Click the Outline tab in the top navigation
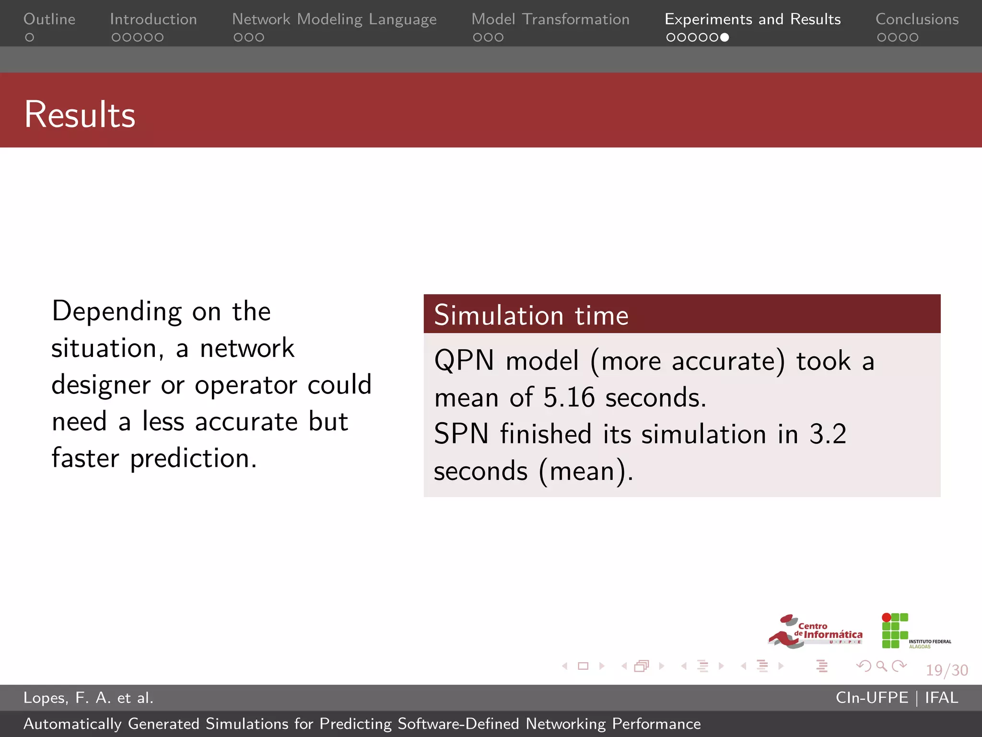pyautogui.click(x=49, y=19)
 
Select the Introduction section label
pyautogui.click(x=153, y=19)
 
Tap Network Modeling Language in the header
pyautogui.click(x=334, y=19)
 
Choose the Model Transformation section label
pyautogui.click(x=550, y=19)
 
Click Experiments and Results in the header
pyautogui.click(x=752, y=19)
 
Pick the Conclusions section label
pyautogui.click(x=917, y=19)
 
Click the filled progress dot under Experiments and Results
pyautogui.click(x=725, y=37)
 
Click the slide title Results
pyautogui.click(x=80, y=115)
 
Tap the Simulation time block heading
pyautogui.click(x=531, y=315)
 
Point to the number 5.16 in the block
pyautogui.click(x=569, y=398)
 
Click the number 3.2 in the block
pyautogui.click(x=828, y=434)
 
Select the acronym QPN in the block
pyautogui.click(x=464, y=361)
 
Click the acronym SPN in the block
pyautogui.click(x=461, y=434)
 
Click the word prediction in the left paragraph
pyautogui.click(x=193, y=459)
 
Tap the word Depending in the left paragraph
pyautogui.click(x=117, y=311)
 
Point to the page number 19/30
pyautogui.click(x=947, y=670)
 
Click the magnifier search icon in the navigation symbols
pyautogui.click(x=881, y=666)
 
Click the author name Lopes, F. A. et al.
pyautogui.click(x=88, y=698)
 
